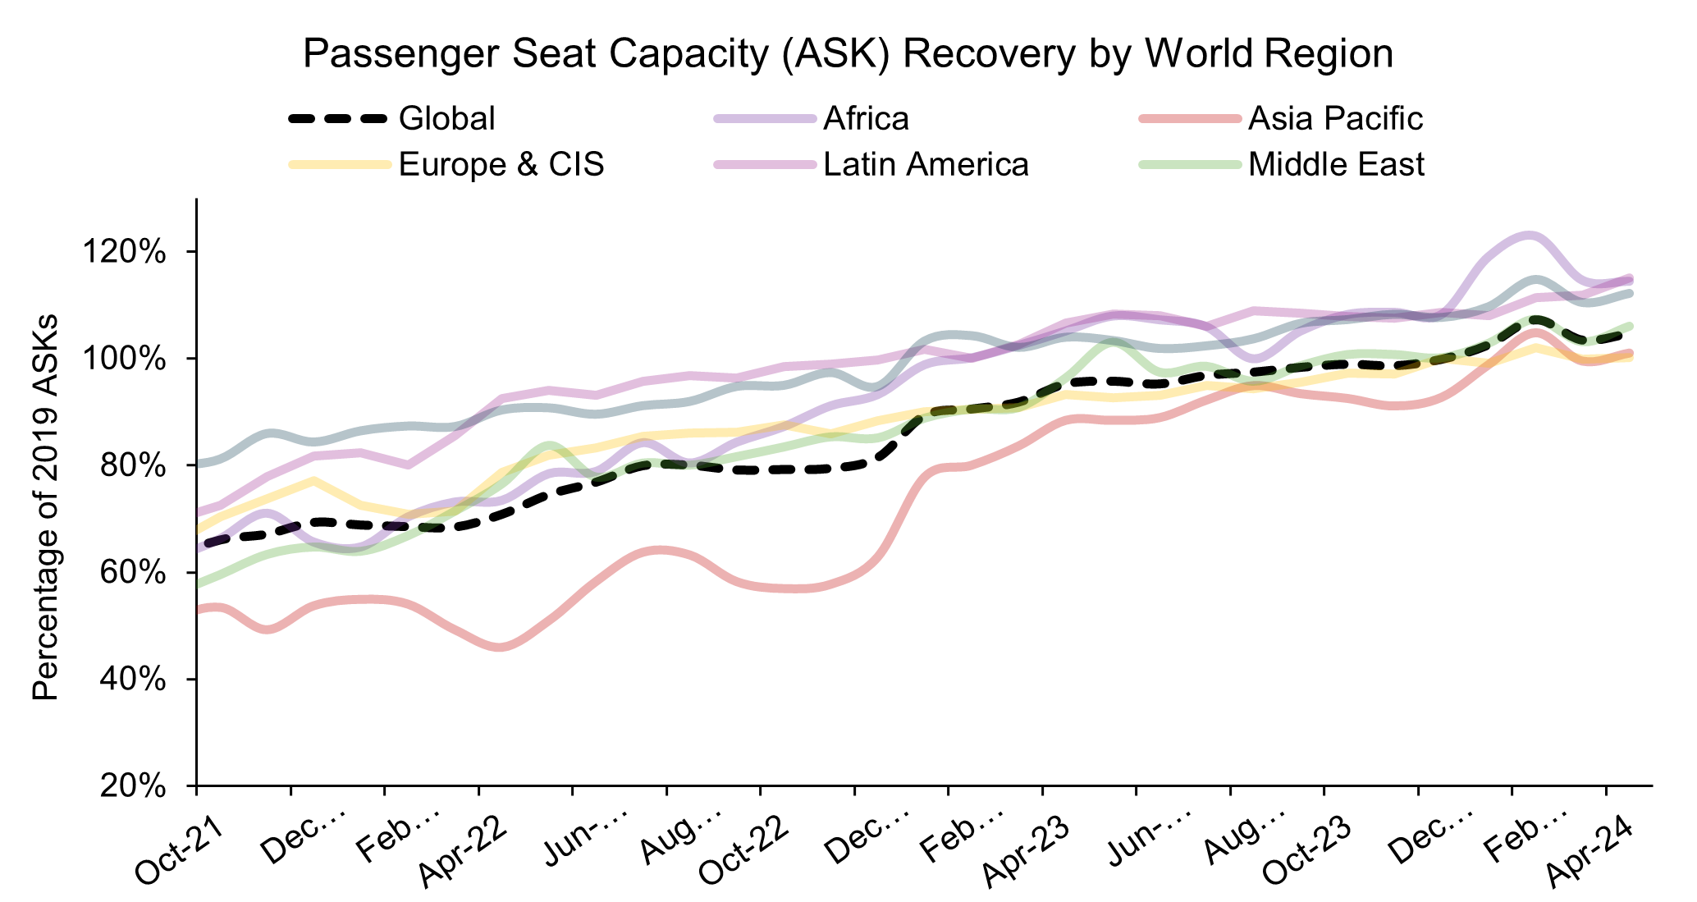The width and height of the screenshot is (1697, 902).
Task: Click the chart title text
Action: coord(848,54)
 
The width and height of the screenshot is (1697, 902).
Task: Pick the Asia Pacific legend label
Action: coord(1335,119)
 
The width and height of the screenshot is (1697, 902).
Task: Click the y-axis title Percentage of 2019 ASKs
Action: coord(46,506)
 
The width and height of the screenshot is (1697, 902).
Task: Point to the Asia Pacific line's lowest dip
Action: coord(501,647)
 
